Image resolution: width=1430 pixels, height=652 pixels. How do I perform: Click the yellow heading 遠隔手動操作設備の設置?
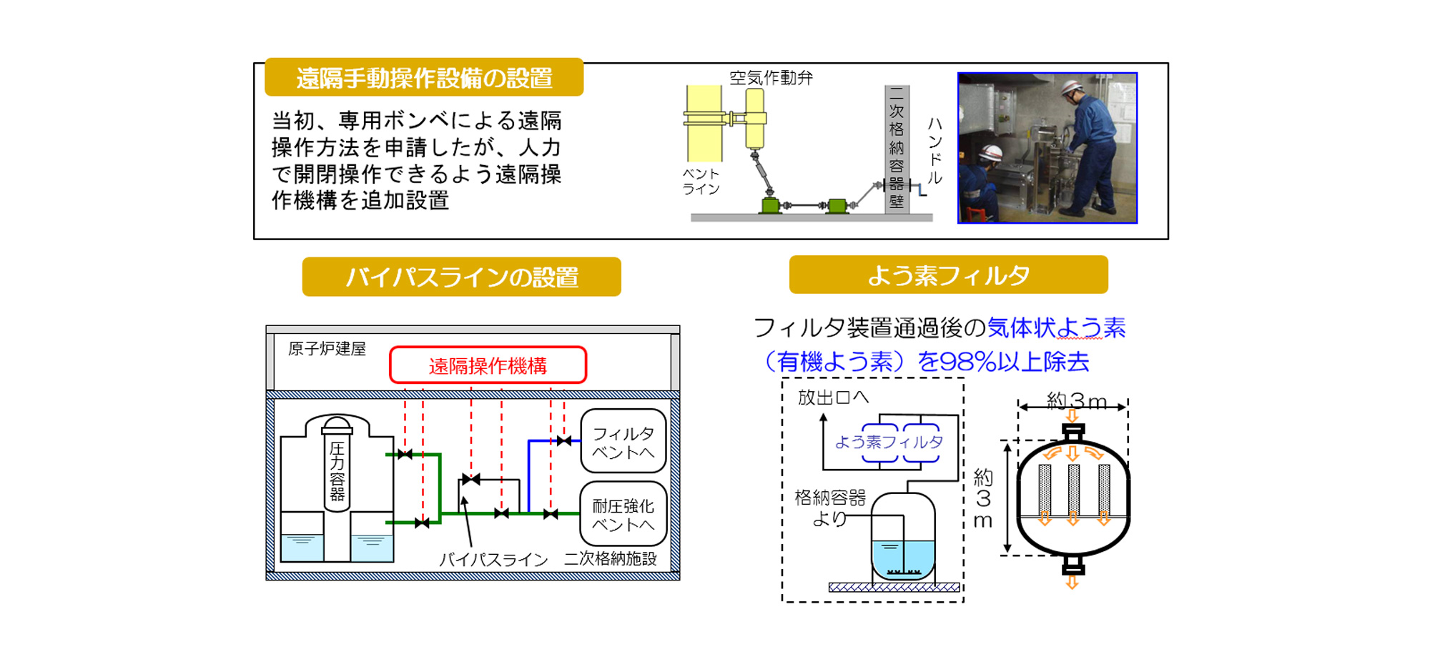point(424,77)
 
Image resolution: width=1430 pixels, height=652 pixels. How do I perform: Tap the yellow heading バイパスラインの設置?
point(462,277)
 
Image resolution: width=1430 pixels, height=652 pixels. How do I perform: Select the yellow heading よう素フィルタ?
point(948,275)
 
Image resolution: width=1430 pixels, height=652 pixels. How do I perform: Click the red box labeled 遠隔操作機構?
point(488,365)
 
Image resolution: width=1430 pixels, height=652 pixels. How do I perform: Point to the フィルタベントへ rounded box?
point(623,441)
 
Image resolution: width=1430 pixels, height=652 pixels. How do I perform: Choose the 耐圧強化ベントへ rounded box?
point(623,514)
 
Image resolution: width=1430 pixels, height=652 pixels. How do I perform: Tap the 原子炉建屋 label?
point(327,349)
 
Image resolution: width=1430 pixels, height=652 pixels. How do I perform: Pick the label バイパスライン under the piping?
point(493,560)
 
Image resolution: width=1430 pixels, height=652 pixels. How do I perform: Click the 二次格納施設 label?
point(610,558)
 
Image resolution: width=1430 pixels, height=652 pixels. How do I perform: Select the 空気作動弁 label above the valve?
point(771,77)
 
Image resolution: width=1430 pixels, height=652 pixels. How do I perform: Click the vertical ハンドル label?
point(935,151)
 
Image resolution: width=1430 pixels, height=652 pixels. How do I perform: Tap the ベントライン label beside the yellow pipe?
point(701,182)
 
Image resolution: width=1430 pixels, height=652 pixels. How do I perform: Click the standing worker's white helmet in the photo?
point(1070,89)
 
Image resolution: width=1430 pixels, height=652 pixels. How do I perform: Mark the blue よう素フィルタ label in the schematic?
point(889,443)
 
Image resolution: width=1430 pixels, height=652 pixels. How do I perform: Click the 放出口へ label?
point(833,397)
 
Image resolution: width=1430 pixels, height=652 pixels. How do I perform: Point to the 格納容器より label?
point(830,508)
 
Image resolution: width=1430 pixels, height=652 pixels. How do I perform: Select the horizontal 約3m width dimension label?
point(1076,401)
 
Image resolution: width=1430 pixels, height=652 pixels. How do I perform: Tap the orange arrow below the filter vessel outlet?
point(1072,583)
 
